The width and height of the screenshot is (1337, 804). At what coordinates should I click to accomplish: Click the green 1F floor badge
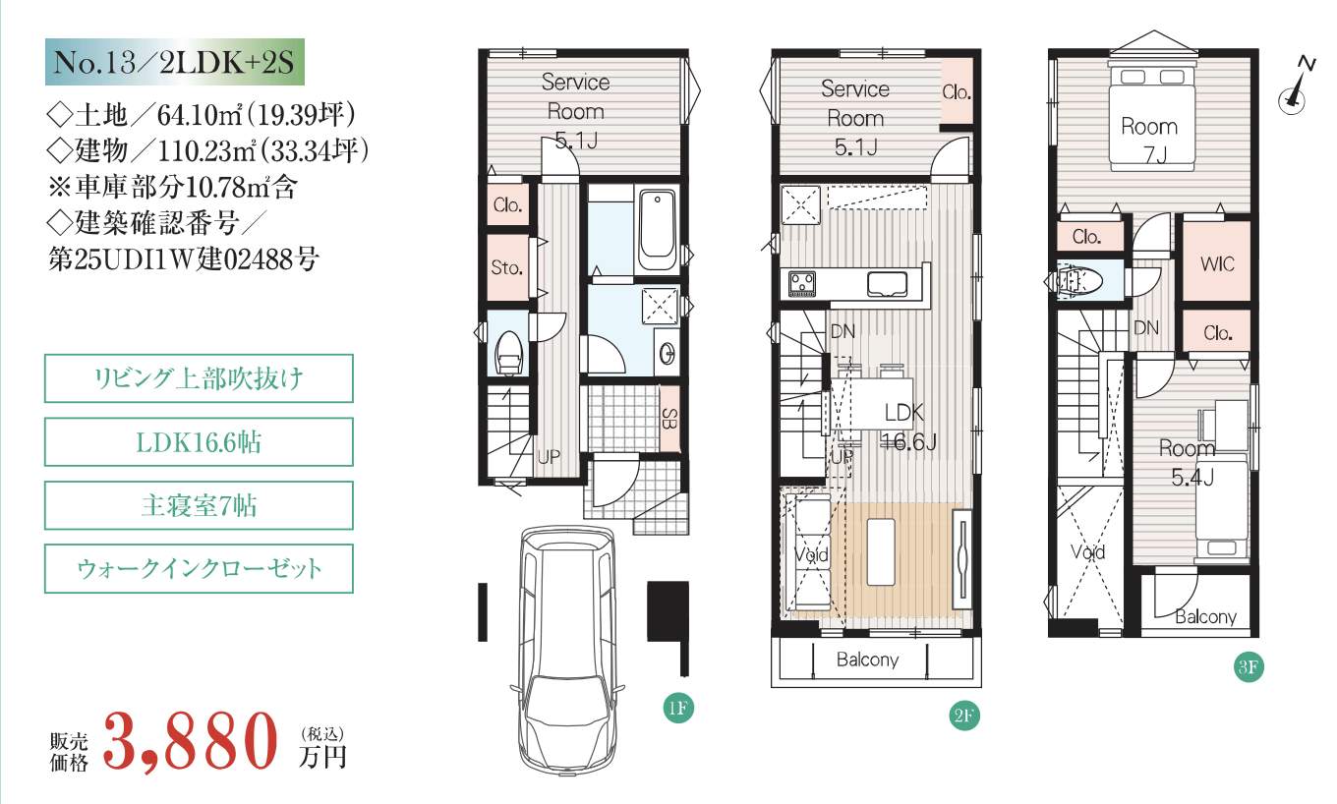tap(678, 708)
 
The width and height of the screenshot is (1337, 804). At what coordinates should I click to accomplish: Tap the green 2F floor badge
tap(964, 716)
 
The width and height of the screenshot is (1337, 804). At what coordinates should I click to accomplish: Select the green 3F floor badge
tap(1249, 666)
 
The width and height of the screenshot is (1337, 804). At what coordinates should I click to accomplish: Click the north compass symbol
tap(1297, 87)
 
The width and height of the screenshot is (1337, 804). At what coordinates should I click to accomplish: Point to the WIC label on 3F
tap(1217, 263)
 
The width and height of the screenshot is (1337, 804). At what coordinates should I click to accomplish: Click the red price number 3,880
tap(191, 741)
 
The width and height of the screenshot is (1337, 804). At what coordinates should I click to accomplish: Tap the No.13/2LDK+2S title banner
tap(175, 62)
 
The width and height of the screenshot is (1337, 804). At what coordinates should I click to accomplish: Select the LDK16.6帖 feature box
tap(199, 442)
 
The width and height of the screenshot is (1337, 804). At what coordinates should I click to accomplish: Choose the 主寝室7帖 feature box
tap(199, 505)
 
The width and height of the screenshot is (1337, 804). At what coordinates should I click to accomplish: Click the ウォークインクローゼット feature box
tap(199, 568)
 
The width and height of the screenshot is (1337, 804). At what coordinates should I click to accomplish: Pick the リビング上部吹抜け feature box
tap(199, 378)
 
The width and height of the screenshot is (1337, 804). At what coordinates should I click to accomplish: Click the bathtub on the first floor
tap(657, 230)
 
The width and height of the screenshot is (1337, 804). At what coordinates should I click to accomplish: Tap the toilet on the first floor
tap(509, 353)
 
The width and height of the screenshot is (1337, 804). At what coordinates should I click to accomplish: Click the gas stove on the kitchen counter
tap(801, 284)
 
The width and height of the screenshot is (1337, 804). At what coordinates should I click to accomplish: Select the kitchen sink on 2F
tap(887, 284)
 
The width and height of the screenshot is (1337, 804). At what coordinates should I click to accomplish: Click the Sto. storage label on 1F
tap(506, 268)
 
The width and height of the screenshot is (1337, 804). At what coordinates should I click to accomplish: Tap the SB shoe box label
tap(669, 419)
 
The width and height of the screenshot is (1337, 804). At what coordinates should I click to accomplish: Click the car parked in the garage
tap(567, 651)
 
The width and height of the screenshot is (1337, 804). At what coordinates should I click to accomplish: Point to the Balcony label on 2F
tap(867, 660)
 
